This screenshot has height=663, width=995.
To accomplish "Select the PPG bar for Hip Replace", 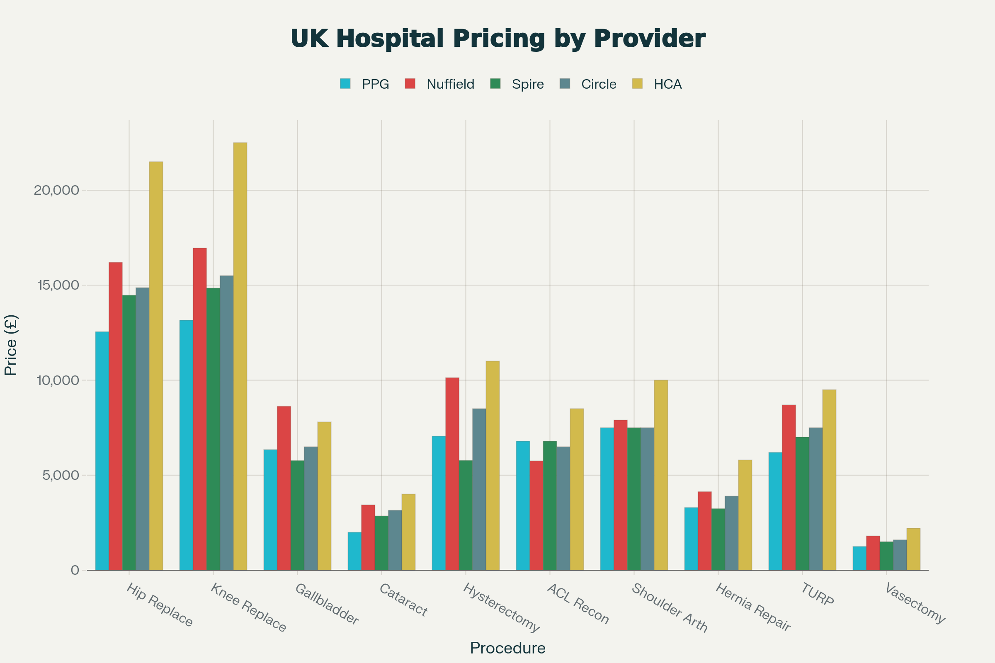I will pos(102,451).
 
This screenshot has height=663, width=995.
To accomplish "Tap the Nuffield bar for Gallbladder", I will pos(284,488).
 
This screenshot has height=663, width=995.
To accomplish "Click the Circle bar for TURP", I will pos(815,498).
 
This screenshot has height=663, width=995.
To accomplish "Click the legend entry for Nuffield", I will pos(450,84).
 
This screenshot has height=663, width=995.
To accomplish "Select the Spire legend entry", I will pos(527,84).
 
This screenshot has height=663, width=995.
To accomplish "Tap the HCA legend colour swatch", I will pos(637,84).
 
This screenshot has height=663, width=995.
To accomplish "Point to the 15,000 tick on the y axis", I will pos(58,286).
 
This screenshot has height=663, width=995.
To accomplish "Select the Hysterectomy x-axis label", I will pos(501,607).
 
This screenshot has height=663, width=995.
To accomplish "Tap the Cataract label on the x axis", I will pos(403,600).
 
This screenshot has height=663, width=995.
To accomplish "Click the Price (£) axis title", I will pos(11,345).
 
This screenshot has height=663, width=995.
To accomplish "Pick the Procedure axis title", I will pos(507,648).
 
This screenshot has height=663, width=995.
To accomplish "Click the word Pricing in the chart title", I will pos(499,39).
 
